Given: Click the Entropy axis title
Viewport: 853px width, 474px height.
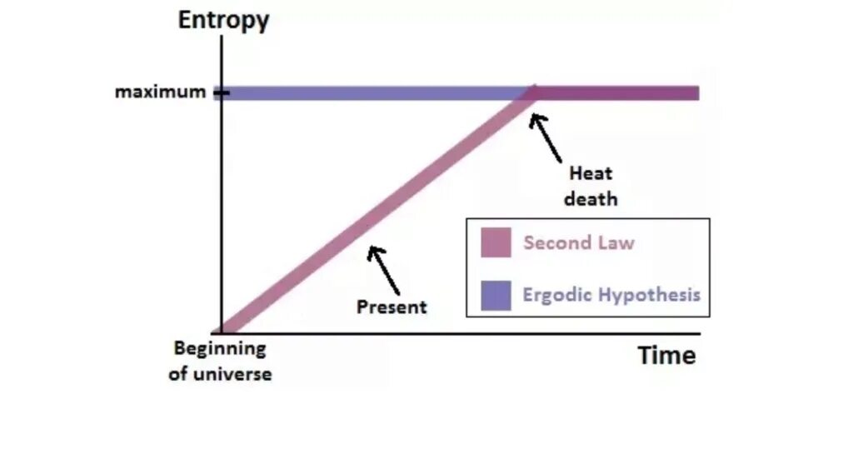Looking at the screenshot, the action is (223, 20).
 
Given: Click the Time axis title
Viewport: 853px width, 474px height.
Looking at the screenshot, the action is (666, 356).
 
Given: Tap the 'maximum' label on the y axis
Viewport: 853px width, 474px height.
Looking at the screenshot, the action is (160, 92).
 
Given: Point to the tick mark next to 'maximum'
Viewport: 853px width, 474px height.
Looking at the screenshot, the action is (221, 92).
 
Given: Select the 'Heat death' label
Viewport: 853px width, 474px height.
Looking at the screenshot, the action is (591, 187).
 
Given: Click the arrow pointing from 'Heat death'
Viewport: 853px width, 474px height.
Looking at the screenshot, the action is (546, 137).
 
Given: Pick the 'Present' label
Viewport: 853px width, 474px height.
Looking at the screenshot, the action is (392, 307).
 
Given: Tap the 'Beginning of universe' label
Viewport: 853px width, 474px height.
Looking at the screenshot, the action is (220, 361).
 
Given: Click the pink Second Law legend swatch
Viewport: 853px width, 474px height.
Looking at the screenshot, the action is (496, 243).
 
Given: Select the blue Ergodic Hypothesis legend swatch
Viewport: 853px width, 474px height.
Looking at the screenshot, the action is (496, 295).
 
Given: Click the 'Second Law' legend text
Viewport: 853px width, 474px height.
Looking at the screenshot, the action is (579, 243).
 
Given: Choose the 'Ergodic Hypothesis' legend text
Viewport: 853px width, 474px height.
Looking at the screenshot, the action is (611, 295).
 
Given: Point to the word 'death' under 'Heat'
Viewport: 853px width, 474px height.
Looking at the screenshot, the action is (591, 200).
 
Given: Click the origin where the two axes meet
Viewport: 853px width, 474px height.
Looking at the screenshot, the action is (222, 333).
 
